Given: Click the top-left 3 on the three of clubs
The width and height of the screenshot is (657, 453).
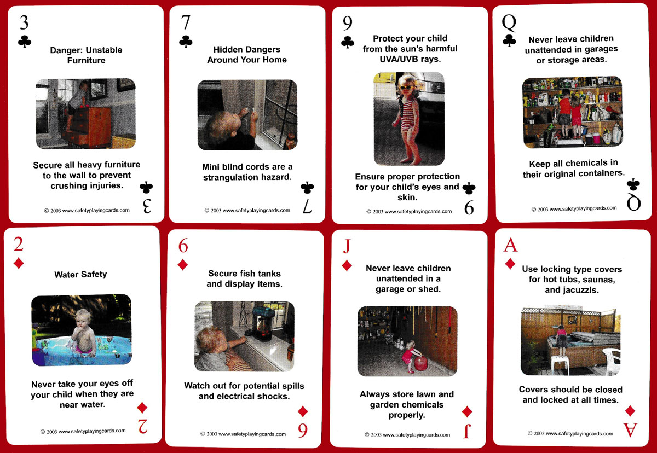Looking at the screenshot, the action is click(24, 22).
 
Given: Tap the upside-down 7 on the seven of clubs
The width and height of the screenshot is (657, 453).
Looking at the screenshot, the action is click(307, 206).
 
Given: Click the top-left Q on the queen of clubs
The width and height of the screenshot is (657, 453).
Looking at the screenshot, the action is click(509, 23).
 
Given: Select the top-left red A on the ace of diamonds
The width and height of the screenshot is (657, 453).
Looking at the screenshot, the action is click(510, 245).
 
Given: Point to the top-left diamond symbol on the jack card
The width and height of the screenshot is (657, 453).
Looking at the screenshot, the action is click(347, 265).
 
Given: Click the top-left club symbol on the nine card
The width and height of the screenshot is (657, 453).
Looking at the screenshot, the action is click(348, 42).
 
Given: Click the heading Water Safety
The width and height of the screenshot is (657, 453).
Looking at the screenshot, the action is click(80, 275).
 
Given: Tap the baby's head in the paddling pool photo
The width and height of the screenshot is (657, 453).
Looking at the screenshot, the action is click(83, 318).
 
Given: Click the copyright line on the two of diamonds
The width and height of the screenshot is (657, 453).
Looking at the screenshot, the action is click(83, 431).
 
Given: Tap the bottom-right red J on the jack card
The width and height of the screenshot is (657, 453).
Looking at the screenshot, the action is click(467, 431).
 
